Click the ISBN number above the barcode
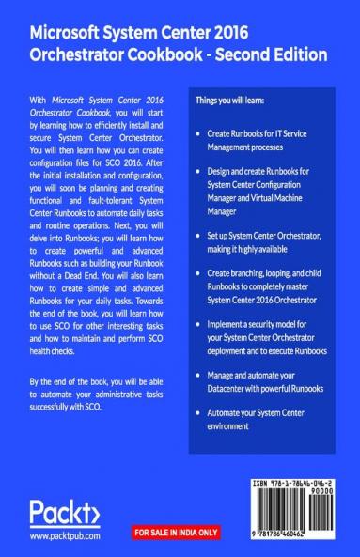tap(293, 482)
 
